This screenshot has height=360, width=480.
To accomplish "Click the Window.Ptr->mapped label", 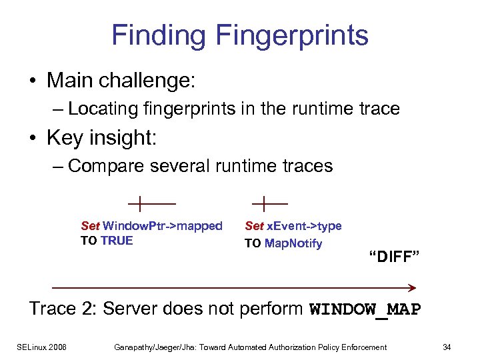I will pyautogui.click(x=163, y=226).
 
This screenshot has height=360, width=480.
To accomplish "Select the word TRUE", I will pyautogui.click(x=117, y=241).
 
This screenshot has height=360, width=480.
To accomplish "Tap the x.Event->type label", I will pyautogui.click(x=304, y=226).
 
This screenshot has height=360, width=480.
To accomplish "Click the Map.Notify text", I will pyautogui.click(x=293, y=243).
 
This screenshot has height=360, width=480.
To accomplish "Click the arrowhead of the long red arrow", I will pyautogui.click(x=412, y=287).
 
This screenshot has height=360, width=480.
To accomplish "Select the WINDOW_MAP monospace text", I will pyautogui.click(x=365, y=310).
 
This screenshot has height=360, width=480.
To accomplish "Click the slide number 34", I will pyautogui.click(x=446, y=347).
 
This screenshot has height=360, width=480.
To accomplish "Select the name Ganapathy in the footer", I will pyautogui.click(x=135, y=347).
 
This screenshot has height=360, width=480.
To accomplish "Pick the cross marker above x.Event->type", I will pyautogui.click(x=265, y=201).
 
